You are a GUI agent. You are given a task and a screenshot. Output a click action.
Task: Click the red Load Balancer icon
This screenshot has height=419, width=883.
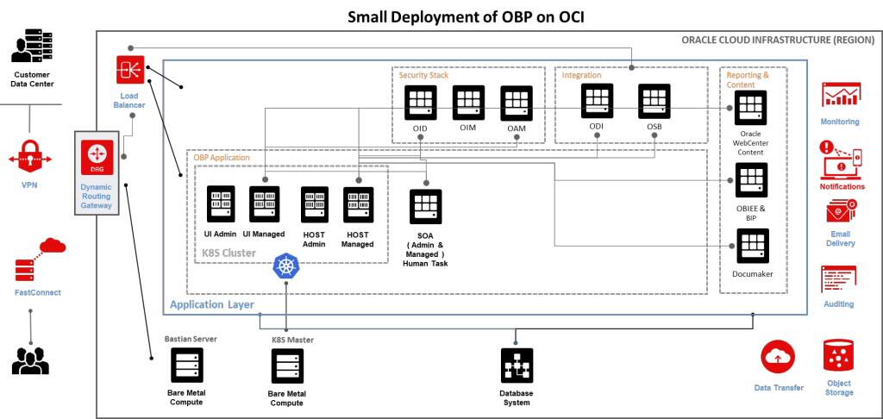132,70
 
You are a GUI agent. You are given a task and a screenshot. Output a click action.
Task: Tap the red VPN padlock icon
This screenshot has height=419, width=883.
30,157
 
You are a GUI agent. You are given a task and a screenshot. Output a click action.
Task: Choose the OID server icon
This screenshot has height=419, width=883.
420,103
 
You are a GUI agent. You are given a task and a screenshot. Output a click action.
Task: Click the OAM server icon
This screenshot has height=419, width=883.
517,103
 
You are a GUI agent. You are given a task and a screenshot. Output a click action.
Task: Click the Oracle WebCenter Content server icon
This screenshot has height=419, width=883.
749,107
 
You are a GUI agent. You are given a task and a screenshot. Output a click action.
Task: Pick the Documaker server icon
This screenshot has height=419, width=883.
749,247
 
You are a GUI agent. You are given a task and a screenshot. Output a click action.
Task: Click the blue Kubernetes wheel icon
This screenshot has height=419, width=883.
285,266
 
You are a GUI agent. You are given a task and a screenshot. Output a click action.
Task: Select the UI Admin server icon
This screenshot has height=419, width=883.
222,204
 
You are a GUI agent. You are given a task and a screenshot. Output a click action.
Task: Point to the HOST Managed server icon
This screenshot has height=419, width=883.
358,204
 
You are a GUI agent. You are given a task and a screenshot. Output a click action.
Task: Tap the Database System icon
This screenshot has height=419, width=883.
517,366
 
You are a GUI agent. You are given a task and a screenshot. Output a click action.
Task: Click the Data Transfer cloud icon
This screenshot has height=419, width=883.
778,356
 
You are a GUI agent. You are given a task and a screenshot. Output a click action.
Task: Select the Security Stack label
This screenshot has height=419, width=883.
423,76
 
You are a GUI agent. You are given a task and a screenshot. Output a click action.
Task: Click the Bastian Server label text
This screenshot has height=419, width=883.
191,339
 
